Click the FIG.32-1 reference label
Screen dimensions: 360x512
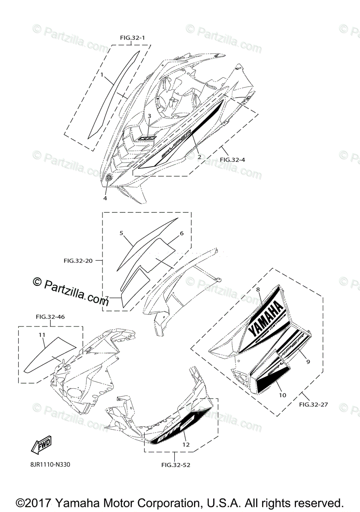tap(132, 38)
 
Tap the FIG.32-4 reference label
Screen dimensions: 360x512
tap(233, 160)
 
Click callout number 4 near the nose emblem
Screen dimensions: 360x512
tap(105, 198)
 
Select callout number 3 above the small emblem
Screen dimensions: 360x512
tap(149, 116)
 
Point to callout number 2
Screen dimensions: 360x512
tap(199, 157)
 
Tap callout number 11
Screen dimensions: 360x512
tap(42, 335)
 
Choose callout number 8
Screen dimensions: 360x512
tap(258, 289)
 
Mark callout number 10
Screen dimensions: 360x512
tap(282, 395)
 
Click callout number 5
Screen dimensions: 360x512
tap(121, 233)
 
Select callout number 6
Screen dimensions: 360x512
tap(181, 233)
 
